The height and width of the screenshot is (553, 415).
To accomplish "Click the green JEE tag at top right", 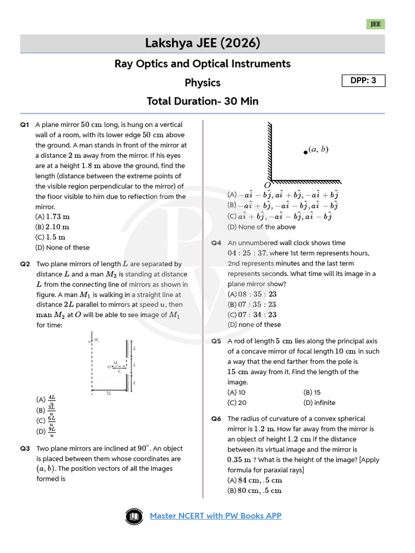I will click(x=376, y=24).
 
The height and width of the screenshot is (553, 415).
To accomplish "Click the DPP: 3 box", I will click(x=363, y=81).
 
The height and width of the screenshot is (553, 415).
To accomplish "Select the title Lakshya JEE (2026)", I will click(x=203, y=43).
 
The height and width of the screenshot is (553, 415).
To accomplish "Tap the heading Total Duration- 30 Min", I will click(x=203, y=101).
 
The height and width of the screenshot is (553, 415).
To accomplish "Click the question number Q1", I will click(x=24, y=125).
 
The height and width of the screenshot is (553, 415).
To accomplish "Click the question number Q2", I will click(x=24, y=264).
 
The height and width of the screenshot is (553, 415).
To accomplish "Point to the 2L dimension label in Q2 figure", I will click(x=109, y=393).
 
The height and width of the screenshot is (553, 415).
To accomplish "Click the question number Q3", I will click(x=24, y=448).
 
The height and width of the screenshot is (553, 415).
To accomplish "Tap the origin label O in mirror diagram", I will click(x=267, y=185).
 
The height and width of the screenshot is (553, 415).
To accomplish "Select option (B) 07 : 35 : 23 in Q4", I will click(x=252, y=305).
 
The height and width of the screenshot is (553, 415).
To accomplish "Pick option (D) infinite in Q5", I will click(x=319, y=402).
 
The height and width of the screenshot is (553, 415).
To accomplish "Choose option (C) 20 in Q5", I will click(x=237, y=402).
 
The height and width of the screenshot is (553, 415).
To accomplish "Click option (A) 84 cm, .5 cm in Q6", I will click(x=255, y=480).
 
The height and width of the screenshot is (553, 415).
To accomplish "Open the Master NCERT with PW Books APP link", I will click(x=216, y=516).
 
